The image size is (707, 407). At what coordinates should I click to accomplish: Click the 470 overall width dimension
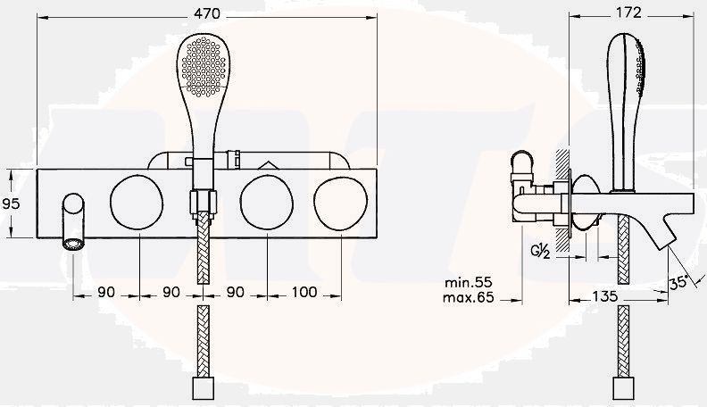(206, 14)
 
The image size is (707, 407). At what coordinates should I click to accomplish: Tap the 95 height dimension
(11, 203)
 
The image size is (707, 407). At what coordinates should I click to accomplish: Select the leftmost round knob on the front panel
(137, 203)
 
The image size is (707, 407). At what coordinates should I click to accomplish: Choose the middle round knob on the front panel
(267, 203)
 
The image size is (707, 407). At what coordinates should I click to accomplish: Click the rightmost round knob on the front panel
(342, 203)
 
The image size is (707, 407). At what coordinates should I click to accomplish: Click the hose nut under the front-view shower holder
(203, 203)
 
